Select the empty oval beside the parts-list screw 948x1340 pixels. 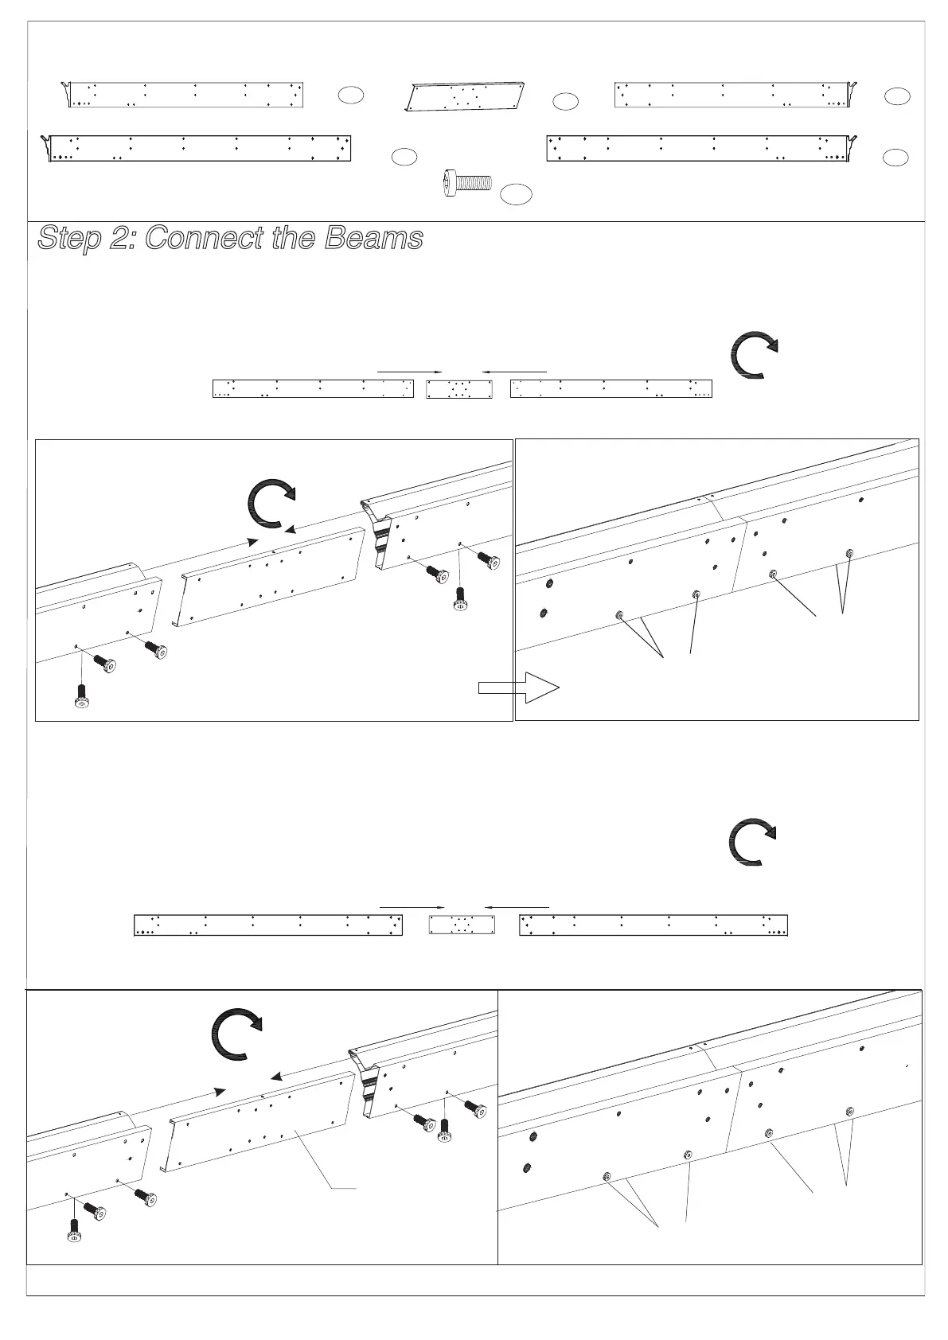point(517,193)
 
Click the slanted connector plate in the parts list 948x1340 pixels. point(465,96)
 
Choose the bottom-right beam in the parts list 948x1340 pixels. point(700,148)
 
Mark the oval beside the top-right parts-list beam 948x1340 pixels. point(896,96)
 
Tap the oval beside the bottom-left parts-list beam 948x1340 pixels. point(404,156)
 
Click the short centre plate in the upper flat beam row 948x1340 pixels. point(459,388)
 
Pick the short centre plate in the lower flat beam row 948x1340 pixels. point(462,925)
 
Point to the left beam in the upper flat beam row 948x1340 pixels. point(313,388)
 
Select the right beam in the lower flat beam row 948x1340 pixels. point(653,925)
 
